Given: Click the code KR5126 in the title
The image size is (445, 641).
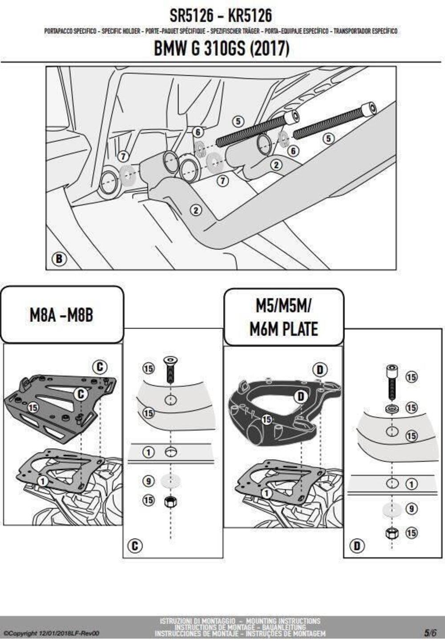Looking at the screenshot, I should coord(250,16).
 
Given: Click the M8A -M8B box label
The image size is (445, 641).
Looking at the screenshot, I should coord(61,315).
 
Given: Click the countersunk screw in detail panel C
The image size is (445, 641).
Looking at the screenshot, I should coord(170,369).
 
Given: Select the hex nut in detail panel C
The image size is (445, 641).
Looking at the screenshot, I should coord(170,502).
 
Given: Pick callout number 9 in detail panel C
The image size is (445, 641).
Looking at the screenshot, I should coord(148,481).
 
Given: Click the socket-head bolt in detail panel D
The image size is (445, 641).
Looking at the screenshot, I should coord(392,381).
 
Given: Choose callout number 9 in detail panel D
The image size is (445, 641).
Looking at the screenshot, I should coord(412,508).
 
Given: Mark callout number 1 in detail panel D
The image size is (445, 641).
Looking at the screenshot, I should coord(412,484).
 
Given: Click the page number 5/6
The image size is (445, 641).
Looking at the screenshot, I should coord(430,633).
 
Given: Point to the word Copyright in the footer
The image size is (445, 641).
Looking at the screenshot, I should coord(20,633).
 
